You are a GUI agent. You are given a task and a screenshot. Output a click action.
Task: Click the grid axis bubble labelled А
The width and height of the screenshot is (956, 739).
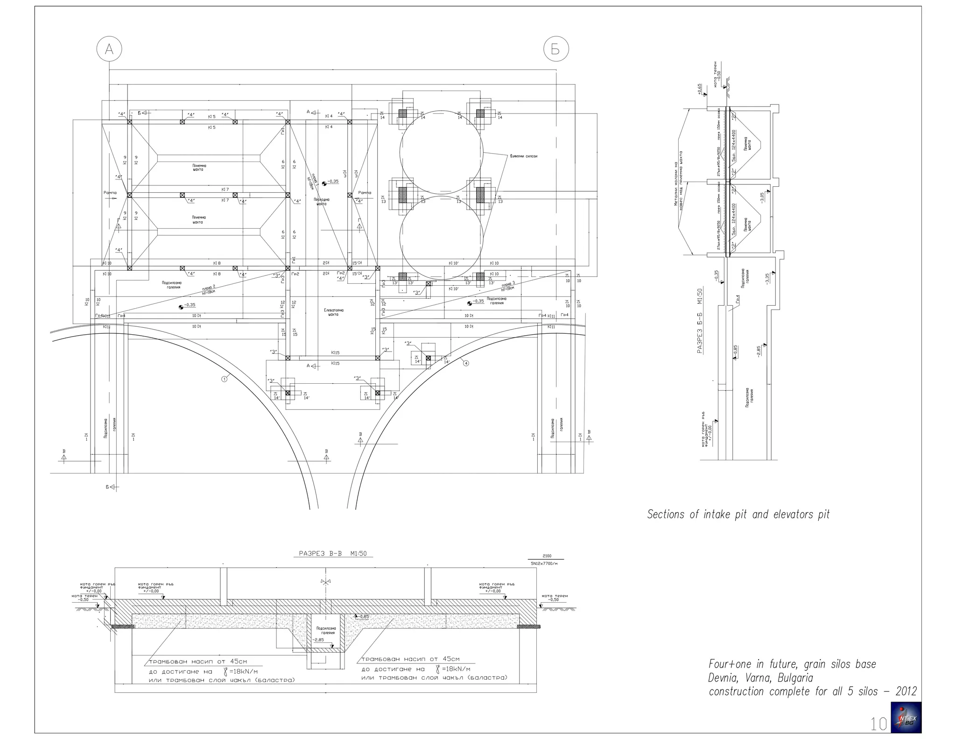109,49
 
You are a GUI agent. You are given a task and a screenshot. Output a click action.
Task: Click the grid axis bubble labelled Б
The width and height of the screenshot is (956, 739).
555,49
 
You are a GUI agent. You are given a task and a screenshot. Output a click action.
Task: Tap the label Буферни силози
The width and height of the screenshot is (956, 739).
523,156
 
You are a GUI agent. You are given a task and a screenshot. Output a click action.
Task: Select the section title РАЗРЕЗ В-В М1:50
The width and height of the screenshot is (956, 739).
333,554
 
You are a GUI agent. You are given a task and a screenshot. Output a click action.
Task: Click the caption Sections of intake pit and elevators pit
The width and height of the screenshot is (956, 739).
738,514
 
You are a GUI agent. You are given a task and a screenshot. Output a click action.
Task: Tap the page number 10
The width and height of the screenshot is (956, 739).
879,724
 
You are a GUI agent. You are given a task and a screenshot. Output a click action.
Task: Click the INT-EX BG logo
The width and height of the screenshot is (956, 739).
906,717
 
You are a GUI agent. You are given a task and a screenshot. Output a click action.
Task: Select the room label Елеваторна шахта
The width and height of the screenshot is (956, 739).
333,312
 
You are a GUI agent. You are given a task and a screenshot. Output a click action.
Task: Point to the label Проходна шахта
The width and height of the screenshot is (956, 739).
322,202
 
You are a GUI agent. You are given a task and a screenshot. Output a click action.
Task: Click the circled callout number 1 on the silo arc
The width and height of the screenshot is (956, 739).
224,379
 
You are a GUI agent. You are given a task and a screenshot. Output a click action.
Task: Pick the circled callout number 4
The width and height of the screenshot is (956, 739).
465,363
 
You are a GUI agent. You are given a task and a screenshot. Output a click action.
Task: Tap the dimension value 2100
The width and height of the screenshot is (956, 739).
547,556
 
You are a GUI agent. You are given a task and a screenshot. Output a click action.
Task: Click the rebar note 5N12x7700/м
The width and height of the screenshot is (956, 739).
544,563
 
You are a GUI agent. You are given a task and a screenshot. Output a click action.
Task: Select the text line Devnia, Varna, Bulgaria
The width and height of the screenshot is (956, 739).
761,677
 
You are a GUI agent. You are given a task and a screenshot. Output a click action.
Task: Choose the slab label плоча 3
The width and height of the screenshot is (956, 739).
508,284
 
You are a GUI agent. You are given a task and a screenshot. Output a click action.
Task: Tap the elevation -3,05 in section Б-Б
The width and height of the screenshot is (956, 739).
762,197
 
